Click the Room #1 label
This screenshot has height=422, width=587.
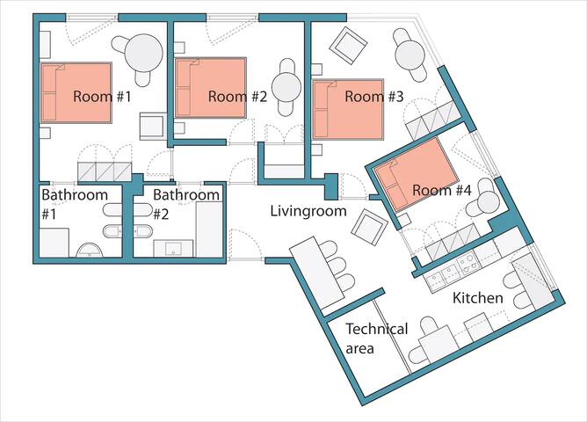tap(102, 97)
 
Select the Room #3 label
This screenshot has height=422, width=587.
tap(373, 97)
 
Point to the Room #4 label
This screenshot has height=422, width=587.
tap(442, 190)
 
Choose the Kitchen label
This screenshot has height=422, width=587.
tap(477, 298)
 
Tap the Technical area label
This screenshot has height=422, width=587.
tap(376, 338)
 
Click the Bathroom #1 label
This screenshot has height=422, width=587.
tap(75, 203)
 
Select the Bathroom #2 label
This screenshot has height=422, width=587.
tap(185, 203)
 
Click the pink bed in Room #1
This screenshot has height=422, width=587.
tap(76, 91)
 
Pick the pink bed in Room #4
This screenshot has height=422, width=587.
tap(414, 175)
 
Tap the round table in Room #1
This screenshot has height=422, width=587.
tap(141, 53)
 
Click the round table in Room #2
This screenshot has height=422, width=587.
tap(286, 87)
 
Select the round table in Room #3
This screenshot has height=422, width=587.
tap(410, 55)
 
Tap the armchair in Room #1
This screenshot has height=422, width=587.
tap(153, 125)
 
